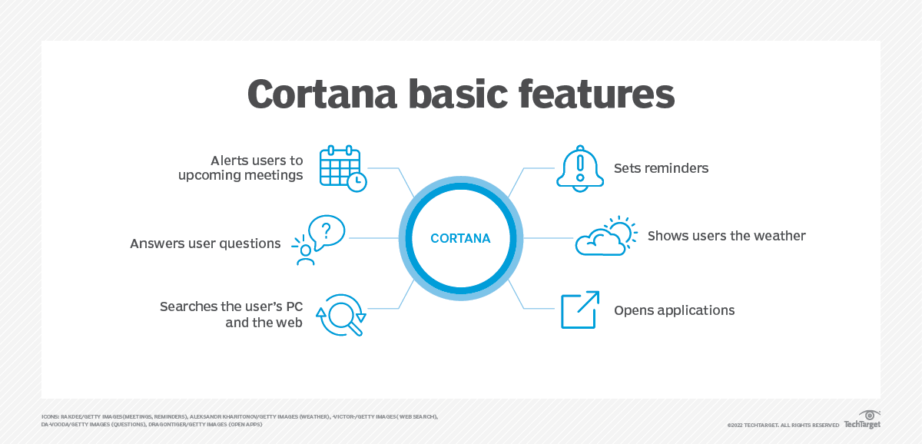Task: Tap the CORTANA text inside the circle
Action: coord(460,239)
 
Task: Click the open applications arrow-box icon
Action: coord(579,310)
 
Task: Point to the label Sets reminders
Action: coord(661,167)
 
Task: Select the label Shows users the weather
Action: coord(726,236)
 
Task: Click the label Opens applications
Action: coord(674,310)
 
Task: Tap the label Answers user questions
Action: coord(205,244)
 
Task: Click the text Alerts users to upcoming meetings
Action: coord(240,167)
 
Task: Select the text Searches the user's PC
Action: coord(231,306)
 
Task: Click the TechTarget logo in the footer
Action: coord(862,421)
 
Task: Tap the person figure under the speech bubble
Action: coord(306,255)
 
